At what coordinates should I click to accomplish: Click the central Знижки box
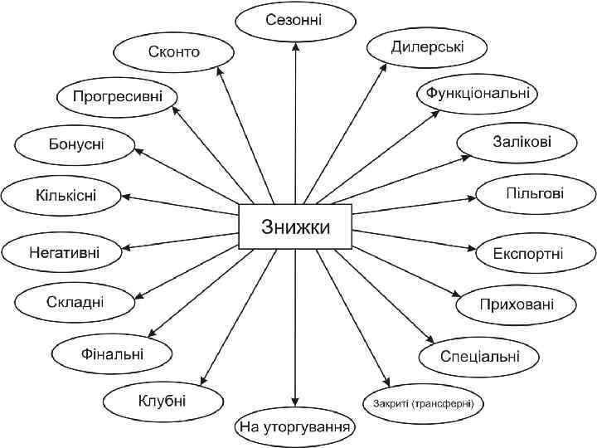point(296,226)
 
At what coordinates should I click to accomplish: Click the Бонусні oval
point(75,144)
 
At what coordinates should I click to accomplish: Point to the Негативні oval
point(65,251)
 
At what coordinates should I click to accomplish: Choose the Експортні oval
point(528,251)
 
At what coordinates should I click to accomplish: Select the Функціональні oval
point(478,93)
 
